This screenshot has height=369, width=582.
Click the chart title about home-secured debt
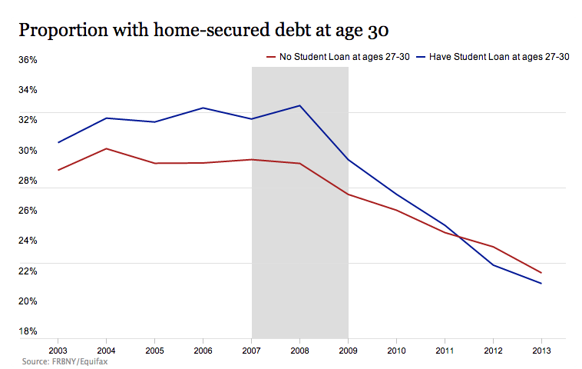pyautogui.click(x=203, y=30)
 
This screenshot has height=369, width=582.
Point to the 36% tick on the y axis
pyautogui.click(x=28, y=60)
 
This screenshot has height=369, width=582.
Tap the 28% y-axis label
pyautogui.click(x=28, y=181)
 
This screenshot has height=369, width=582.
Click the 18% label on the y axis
pyautogui.click(x=28, y=331)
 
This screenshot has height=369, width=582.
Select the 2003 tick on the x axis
pyautogui.click(x=58, y=350)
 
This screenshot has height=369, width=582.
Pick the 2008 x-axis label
pyautogui.click(x=300, y=350)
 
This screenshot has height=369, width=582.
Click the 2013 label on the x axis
pyautogui.click(x=541, y=350)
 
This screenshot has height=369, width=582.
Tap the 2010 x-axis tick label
pyautogui.click(x=397, y=350)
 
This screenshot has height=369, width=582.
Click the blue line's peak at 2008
pyautogui.click(x=300, y=105)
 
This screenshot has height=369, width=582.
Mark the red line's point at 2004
pyautogui.click(x=107, y=148)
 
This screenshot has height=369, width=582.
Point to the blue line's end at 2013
pyautogui.click(x=541, y=284)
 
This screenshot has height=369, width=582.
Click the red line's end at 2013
pyautogui.click(x=541, y=273)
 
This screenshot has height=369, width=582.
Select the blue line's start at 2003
pyautogui.click(x=58, y=142)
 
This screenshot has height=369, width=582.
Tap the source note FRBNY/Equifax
pyautogui.click(x=64, y=361)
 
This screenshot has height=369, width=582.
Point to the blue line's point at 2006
pyautogui.click(x=203, y=108)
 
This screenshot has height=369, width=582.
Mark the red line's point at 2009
pyautogui.click(x=349, y=194)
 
